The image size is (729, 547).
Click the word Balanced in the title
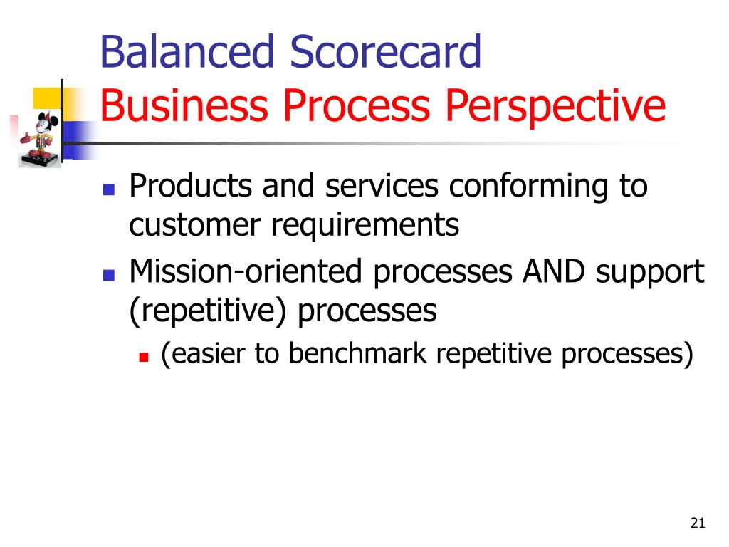tap(187, 51)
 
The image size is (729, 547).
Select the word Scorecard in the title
tap(385, 51)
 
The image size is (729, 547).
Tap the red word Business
tap(184, 105)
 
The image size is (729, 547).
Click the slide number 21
tap(698, 523)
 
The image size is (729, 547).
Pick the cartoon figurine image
tap(40, 139)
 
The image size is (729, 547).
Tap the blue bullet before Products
tap(109, 189)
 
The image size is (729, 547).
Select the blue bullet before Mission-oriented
tap(109, 276)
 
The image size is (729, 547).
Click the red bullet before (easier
tap(144, 358)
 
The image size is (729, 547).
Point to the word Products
tap(191, 186)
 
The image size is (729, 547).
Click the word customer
tap(195, 226)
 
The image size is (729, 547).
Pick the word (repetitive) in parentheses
tap(208, 312)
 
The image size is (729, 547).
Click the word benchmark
tap(357, 353)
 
